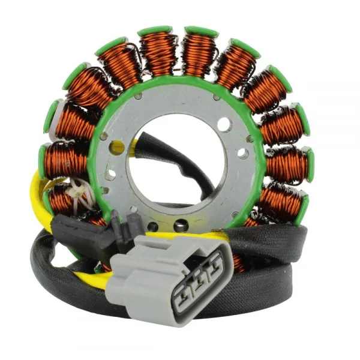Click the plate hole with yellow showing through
point(118,146)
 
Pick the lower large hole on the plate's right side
point(243,154)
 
